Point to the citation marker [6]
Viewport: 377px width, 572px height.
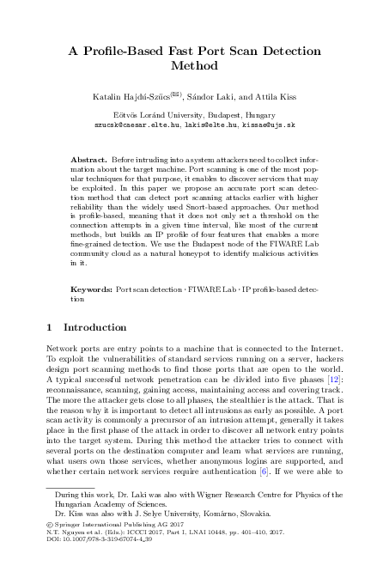click(x=267, y=472)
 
